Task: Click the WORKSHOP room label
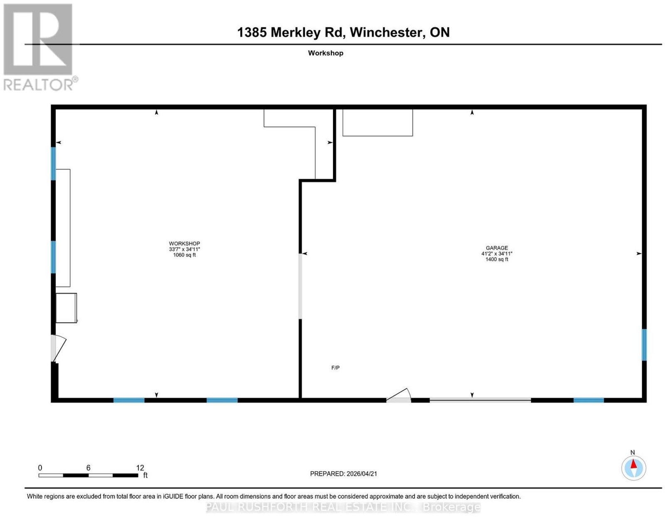point(184,243)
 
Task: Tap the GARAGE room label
point(497,248)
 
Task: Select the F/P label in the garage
point(335,368)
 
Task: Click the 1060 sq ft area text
point(184,255)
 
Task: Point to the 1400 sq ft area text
point(497,259)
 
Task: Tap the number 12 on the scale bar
point(140,468)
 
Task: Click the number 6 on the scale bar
point(88,468)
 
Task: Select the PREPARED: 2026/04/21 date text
point(343,473)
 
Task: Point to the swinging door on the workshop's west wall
point(57,348)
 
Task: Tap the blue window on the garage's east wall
point(644,344)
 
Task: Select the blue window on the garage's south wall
point(588,400)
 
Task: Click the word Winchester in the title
point(387,32)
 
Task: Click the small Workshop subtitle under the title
point(325,53)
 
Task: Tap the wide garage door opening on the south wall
point(480,400)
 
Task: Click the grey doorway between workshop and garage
point(300,286)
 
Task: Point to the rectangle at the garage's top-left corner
point(377,122)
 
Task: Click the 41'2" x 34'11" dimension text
point(497,253)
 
